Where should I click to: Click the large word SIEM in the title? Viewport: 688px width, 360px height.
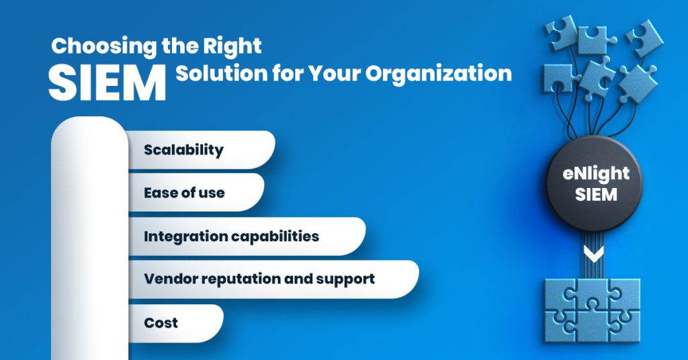tap(107, 83)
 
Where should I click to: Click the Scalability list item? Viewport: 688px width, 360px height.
tap(183, 149)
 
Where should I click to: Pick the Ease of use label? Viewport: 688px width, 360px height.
tap(184, 193)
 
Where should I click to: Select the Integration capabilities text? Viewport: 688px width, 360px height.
tap(232, 236)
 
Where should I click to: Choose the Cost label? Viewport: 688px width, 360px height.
tap(161, 323)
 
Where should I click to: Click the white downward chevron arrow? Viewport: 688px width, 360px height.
tap(594, 254)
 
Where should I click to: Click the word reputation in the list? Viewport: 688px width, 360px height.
tap(246, 279)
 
